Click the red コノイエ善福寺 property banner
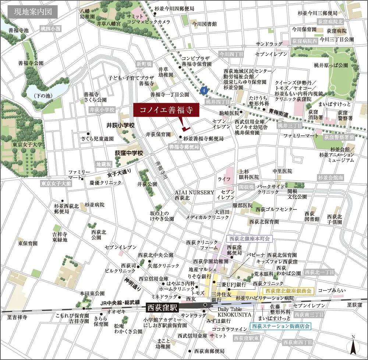click(166, 110)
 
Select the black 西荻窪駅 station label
click(162, 307)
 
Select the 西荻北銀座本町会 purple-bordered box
click(249, 239)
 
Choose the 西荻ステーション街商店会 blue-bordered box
click(280, 326)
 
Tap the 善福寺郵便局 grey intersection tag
click(184, 147)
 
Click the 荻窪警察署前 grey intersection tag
click(339, 137)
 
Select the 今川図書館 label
click(204, 24)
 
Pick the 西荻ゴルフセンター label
click(276, 209)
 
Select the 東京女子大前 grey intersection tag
click(56, 183)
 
